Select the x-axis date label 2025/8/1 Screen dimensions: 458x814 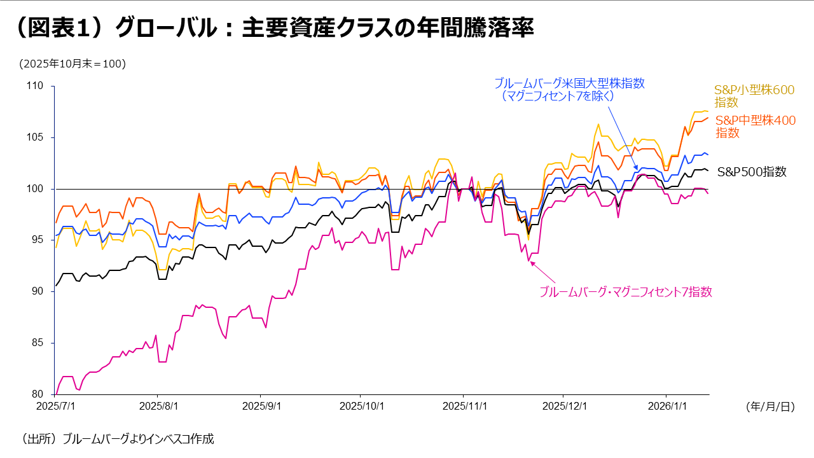[157, 406]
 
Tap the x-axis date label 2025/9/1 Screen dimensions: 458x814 [259, 406]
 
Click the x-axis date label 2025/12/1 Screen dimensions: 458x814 [563, 406]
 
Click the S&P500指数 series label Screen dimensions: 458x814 [752, 172]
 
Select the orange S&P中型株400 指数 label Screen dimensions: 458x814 [755, 127]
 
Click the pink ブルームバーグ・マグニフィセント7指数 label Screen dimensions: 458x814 [625, 292]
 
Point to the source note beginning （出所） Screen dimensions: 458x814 [118, 438]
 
